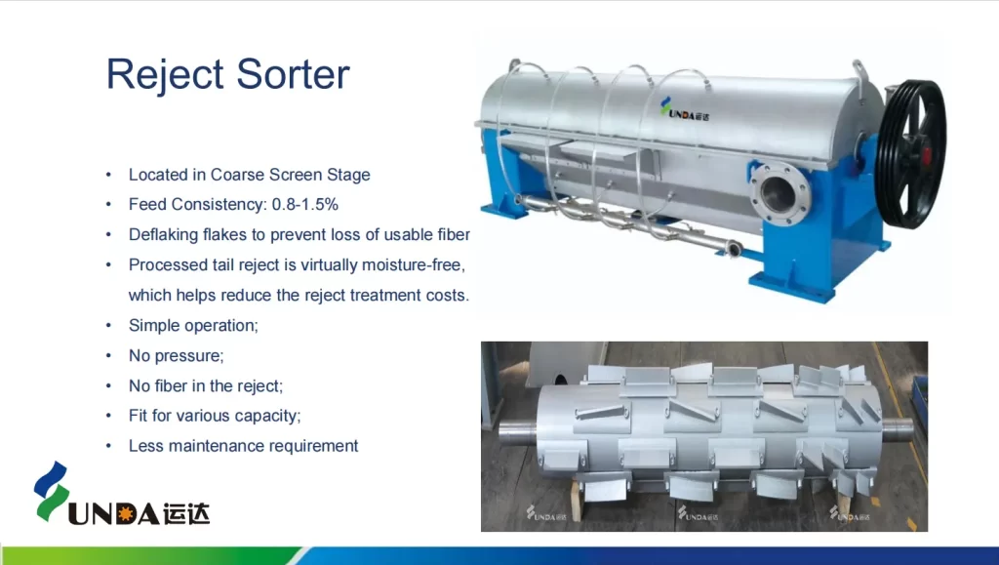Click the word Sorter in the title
click(293, 74)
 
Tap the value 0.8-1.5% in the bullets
click(305, 205)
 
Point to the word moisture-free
click(414, 265)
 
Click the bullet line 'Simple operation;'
click(193, 326)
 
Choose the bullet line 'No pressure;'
click(176, 355)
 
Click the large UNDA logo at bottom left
click(122, 495)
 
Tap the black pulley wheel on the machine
click(911, 154)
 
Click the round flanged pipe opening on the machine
click(779, 193)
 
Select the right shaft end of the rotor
click(899, 428)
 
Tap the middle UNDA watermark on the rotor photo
click(698, 513)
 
